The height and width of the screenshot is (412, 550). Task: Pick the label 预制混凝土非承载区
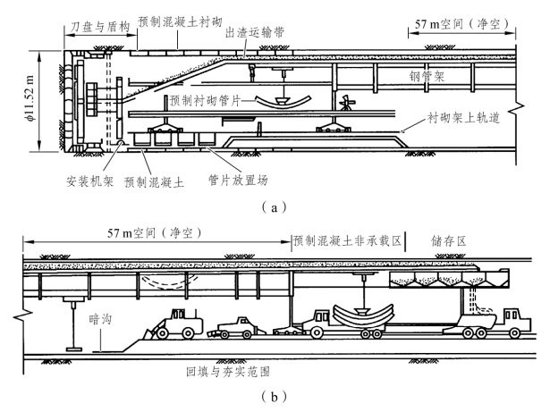348,241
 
